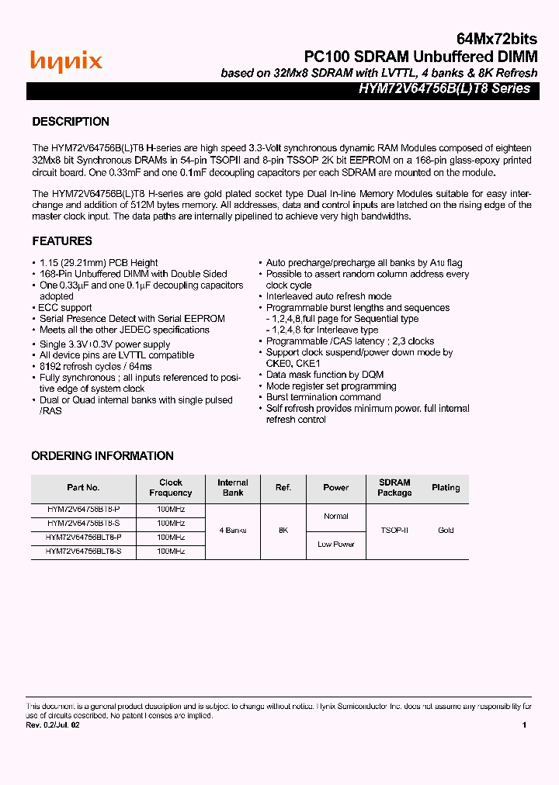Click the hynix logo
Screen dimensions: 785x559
[66, 61]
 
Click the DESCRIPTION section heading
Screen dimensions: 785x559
[71, 122]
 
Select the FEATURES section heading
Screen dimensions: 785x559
[62, 241]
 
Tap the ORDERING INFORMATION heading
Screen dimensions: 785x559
[102, 456]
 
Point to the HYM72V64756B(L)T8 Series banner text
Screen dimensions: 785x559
[444, 88]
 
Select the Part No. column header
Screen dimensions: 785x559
[83, 488]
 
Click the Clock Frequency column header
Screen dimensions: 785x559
[171, 488]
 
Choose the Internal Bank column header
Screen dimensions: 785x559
[233, 488]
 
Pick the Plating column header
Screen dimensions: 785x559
[446, 488]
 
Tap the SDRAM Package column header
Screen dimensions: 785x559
[394, 488]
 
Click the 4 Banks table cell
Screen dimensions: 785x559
[233, 531]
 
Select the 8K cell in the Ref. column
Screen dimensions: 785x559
[283, 531]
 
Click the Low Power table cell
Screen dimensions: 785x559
[336, 545]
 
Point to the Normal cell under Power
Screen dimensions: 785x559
[336, 517]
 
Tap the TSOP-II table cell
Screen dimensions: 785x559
[394, 531]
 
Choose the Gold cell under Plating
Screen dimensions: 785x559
[446, 531]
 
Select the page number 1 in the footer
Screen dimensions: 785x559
[525, 725]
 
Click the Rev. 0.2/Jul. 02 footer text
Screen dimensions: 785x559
[53, 725]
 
